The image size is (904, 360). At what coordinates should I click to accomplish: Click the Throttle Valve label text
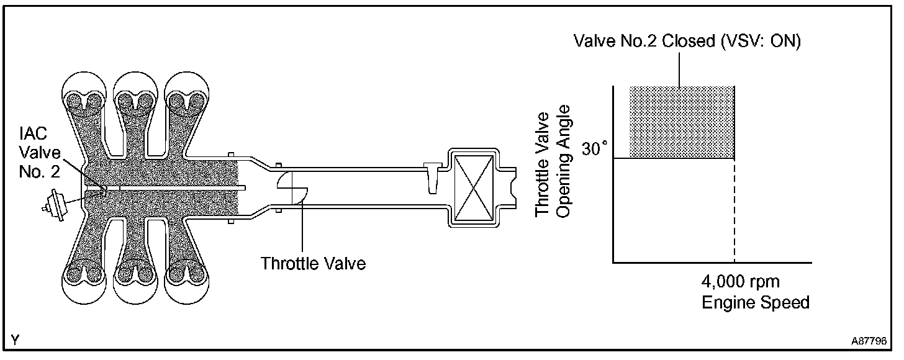(313, 263)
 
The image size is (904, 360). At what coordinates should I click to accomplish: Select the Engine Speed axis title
(756, 303)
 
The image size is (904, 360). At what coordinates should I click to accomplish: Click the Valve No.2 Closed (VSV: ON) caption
(688, 42)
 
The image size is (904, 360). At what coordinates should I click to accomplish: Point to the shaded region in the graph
(682, 122)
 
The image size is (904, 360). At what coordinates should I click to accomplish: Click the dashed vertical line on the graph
(734, 211)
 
